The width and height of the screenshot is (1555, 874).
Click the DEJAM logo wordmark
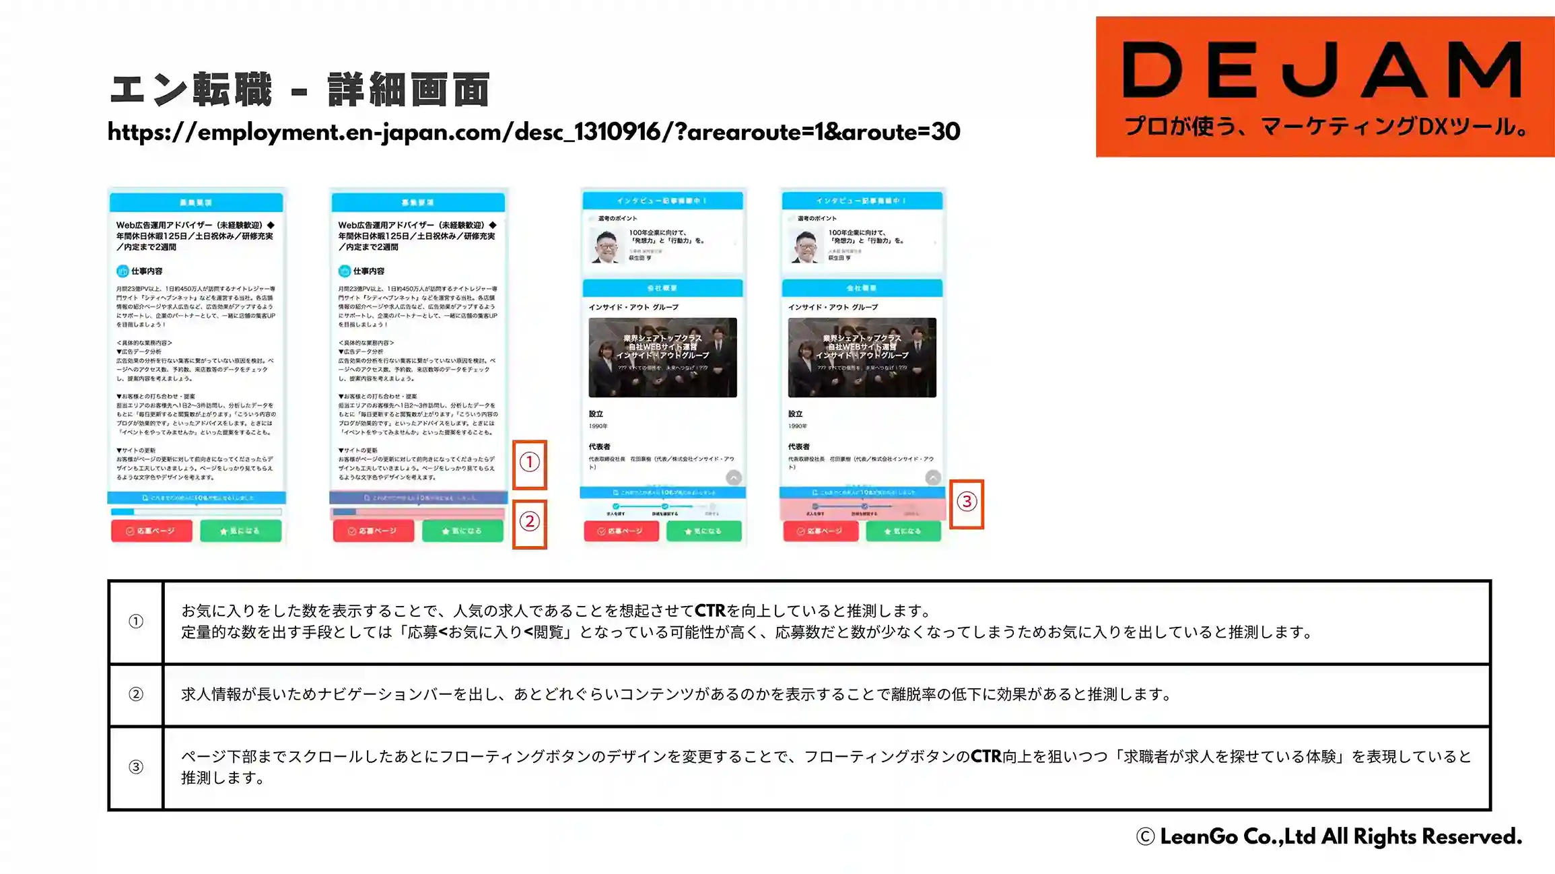point(1323,69)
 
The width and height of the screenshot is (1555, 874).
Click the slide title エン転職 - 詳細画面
point(300,90)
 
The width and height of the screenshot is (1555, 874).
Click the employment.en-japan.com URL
point(533,132)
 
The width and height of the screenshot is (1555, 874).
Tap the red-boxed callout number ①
point(530,463)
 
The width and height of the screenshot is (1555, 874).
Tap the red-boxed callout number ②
point(530,522)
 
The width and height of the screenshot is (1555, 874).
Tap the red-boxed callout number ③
point(967,502)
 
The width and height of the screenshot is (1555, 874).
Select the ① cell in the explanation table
point(136,621)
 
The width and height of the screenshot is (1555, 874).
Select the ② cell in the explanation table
point(136,694)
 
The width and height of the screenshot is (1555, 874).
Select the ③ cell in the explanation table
point(136,767)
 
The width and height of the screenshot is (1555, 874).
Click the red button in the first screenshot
point(151,531)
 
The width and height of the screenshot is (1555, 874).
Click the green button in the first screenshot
point(240,531)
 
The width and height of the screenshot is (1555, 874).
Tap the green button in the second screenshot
point(462,531)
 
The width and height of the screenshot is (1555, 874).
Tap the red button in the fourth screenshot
point(821,531)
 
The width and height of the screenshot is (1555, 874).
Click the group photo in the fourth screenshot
point(862,358)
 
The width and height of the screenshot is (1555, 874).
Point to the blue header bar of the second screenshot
point(418,202)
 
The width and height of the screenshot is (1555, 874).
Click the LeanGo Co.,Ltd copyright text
point(1329,837)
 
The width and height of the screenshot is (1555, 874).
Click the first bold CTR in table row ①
point(710,611)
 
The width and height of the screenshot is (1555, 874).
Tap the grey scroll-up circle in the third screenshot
point(734,477)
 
